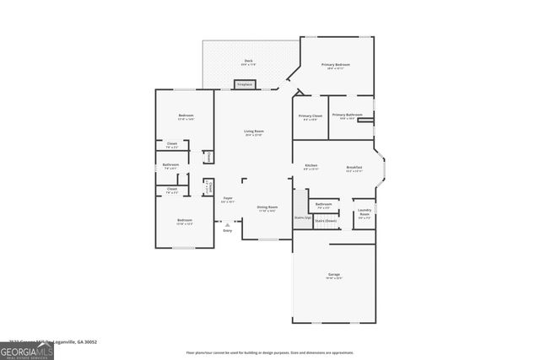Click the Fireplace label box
pyautogui.click(x=245, y=84)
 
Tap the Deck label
pyautogui.click(x=249, y=62)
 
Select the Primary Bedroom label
pyautogui.click(x=337, y=66)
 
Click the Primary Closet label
pyautogui.click(x=310, y=116)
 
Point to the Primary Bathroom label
pyautogui.click(x=347, y=116)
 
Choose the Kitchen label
pyautogui.click(x=310, y=166)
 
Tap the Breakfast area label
pyautogui.click(x=354, y=169)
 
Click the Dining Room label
pyautogui.click(x=267, y=208)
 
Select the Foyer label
pyautogui.click(x=228, y=200)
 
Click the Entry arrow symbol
pyautogui.click(x=226, y=224)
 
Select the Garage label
pyautogui.click(x=334, y=276)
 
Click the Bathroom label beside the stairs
pyautogui.click(x=324, y=205)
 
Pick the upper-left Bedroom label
pyautogui.click(x=186, y=116)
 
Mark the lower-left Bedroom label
pyautogui.click(x=184, y=222)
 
